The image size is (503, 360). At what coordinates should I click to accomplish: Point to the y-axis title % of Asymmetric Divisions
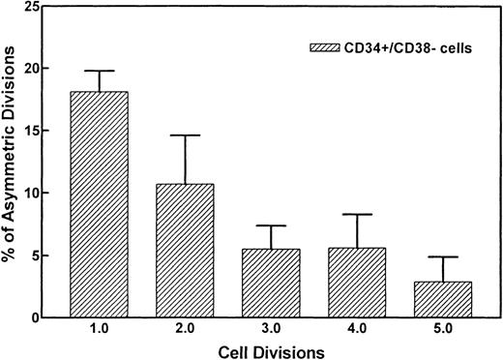tap(12, 163)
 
